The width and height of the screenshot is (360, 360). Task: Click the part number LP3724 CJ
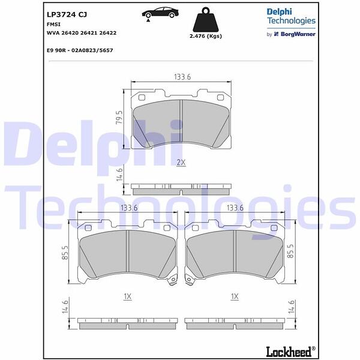pyautogui.click(x=67, y=14)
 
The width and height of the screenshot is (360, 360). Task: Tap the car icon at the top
pyautogui.click(x=160, y=13)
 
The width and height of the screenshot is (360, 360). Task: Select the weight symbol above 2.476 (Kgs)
pyautogui.click(x=205, y=20)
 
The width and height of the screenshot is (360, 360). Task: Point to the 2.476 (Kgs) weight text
pyautogui.click(x=206, y=36)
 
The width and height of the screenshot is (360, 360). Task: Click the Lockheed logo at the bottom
pyautogui.click(x=290, y=352)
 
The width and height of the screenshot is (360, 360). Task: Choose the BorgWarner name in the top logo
pyautogui.click(x=298, y=34)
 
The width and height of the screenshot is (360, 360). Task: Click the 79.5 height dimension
pyautogui.click(x=119, y=118)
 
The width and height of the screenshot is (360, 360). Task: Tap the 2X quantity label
pyautogui.click(x=181, y=163)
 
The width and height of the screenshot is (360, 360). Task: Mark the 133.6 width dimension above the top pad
pyautogui.click(x=182, y=77)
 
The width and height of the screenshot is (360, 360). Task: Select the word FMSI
pyautogui.click(x=53, y=25)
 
